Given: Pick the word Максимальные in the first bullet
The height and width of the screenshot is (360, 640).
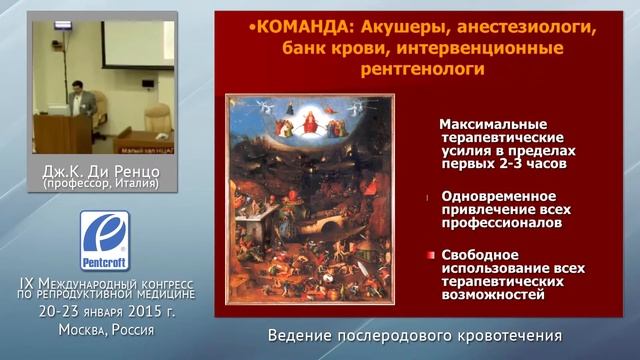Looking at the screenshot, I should tap(491, 123).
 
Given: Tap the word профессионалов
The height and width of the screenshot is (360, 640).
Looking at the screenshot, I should tap(504, 223).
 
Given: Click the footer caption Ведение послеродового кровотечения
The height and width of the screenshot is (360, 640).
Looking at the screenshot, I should tap(415, 335).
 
